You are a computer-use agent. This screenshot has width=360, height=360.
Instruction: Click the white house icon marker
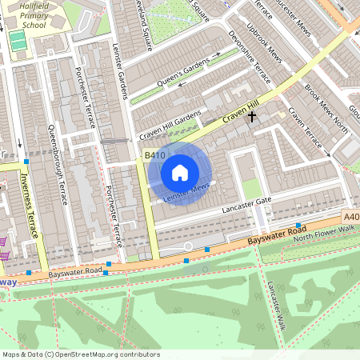coord(180,173)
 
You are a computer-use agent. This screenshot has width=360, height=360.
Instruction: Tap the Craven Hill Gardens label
coord(170,126)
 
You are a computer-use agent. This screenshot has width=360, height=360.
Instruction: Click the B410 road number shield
coord(154,154)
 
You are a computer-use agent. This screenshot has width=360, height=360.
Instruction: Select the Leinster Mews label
coord(186,191)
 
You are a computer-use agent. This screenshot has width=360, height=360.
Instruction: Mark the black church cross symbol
coord(253,118)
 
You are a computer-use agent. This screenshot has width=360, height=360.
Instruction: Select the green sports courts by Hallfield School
coord(17,39)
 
